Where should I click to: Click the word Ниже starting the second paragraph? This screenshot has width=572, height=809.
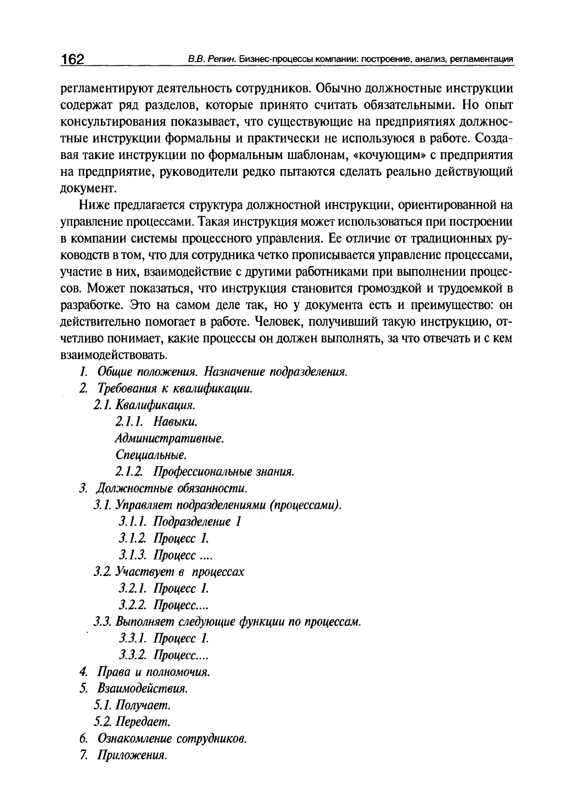94,206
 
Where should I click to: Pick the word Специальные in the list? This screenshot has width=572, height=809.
151,455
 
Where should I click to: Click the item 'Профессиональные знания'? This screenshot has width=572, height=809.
224,472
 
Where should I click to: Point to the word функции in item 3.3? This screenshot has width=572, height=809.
262,622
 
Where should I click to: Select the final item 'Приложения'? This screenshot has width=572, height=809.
132,756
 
